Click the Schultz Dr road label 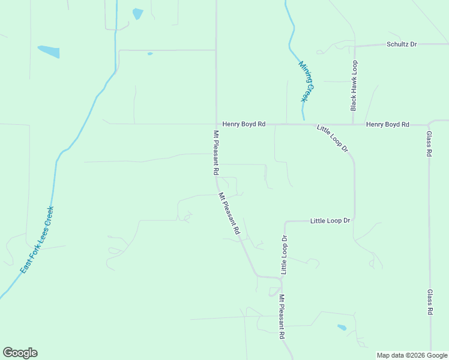point(402,44)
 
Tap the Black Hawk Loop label point(354,85)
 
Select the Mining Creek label point(307,83)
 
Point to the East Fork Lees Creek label point(37,240)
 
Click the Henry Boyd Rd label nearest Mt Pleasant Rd point(244,124)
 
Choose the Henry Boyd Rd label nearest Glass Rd point(387,124)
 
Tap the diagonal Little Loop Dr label point(333,139)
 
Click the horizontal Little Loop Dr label point(330,221)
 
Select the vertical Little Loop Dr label point(285,255)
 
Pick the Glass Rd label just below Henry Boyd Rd point(429,144)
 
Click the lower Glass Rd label point(430,302)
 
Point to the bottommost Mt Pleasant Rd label point(281,317)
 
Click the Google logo point(20,353)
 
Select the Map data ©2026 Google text point(412,355)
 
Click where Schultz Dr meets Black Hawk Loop point(354,45)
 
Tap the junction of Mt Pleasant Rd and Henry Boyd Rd point(216,124)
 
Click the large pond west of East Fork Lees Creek point(49,52)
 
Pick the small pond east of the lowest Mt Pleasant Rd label point(342,328)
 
